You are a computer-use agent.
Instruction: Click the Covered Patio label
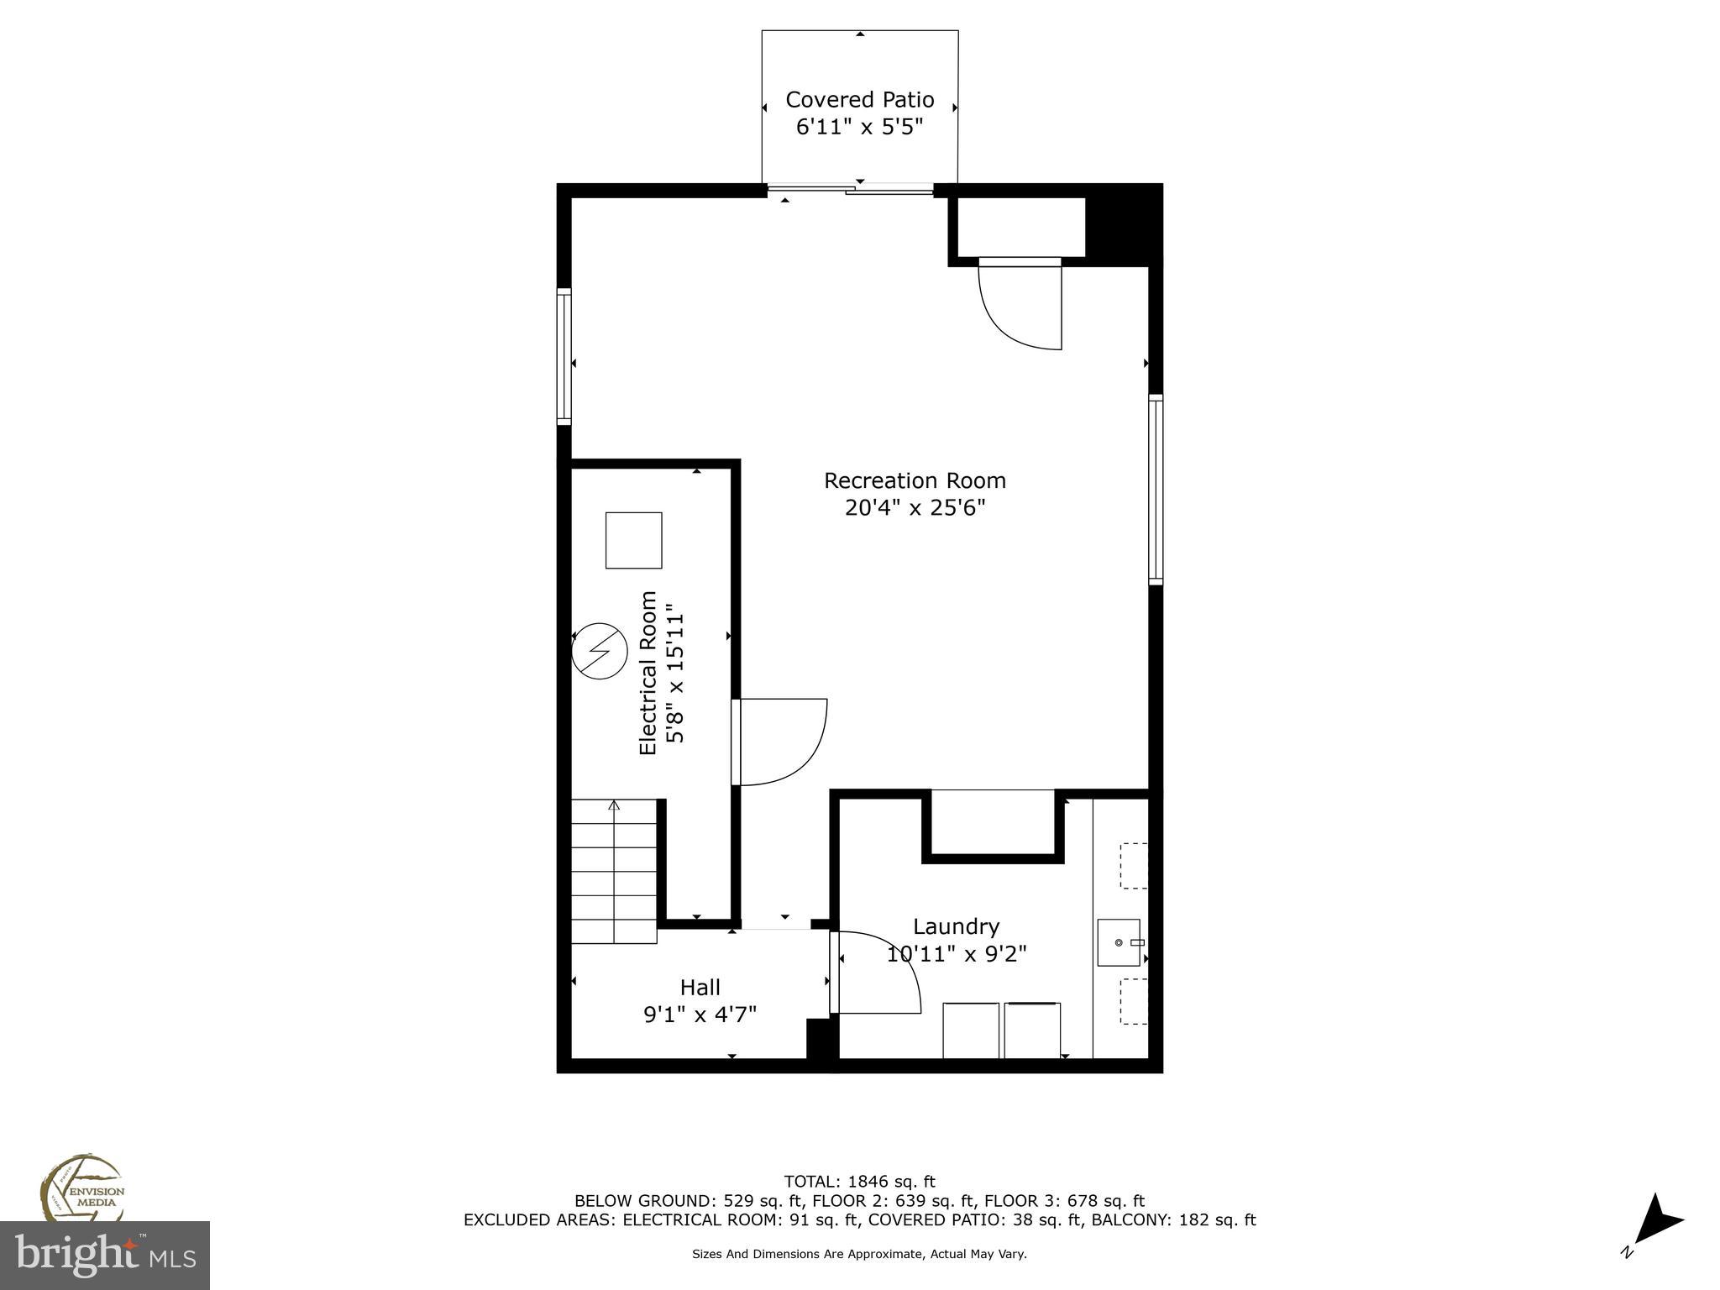(859, 100)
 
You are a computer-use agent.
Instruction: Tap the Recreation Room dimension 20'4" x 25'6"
(915, 508)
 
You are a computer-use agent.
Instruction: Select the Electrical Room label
(648, 673)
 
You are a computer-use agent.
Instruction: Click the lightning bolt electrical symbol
(600, 650)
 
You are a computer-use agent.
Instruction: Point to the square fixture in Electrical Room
(634, 540)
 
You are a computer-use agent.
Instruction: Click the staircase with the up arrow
(614, 870)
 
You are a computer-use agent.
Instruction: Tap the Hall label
(700, 987)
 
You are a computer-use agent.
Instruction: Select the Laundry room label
(956, 926)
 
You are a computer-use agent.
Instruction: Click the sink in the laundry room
(1119, 942)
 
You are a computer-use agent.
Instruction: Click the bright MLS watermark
(104, 1255)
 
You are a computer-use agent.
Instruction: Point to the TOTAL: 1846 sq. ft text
(859, 1182)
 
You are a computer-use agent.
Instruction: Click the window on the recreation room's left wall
(564, 356)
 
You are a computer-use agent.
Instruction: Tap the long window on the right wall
(1156, 490)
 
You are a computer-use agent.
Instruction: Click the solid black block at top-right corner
(1123, 223)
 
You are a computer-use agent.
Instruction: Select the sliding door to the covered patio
(850, 190)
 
